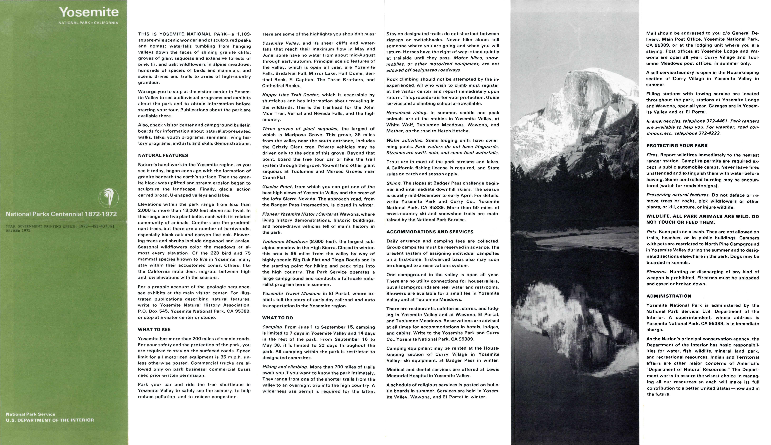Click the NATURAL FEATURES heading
(x=163, y=156)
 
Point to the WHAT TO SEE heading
(x=154, y=329)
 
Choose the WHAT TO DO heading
(x=278, y=318)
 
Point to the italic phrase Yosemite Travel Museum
(x=291, y=294)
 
